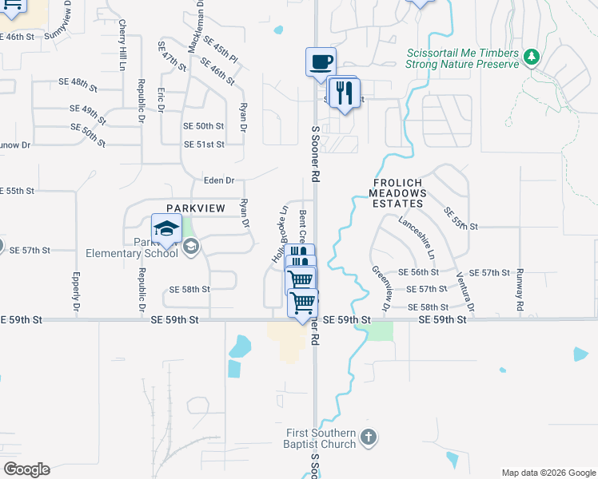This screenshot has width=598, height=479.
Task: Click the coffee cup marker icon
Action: (x=321, y=61)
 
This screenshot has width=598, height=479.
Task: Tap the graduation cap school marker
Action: (x=166, y=228)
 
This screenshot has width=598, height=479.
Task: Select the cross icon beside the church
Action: (x=368, y=437)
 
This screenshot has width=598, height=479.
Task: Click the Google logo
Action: (x=26, y=469)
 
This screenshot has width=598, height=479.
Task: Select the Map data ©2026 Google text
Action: (x=548, y=473)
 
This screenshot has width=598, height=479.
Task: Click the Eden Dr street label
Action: (x=218, y=180)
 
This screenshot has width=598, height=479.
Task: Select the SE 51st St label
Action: (x=204, y=144)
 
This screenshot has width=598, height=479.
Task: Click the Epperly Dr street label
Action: (x=76, y=292)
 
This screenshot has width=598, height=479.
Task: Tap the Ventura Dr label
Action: (x=464, y=292)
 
